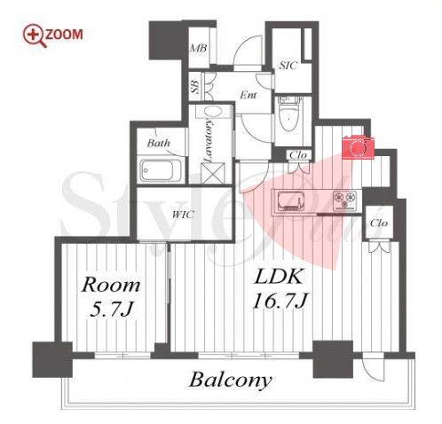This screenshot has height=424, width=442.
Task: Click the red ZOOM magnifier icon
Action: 35,36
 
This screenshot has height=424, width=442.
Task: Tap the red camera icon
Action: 358,147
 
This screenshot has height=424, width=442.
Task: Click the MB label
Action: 198,48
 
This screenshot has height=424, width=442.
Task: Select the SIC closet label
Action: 288,66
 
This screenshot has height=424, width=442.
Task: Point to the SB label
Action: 195,87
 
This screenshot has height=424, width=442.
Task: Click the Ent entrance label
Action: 248,95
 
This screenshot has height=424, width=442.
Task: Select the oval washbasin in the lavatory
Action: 213,112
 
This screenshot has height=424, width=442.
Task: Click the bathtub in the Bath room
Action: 161,170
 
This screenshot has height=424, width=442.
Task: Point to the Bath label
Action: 159,143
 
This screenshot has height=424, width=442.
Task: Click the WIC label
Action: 183,214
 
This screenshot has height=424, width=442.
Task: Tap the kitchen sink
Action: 291,201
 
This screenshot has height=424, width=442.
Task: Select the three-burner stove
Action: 344,199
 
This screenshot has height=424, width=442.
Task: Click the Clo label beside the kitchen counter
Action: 379,223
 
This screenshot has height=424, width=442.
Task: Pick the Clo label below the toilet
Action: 298,155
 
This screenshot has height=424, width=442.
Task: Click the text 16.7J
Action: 280,301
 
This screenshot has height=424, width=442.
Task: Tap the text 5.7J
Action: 111,310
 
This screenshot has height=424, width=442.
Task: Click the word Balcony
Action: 230,380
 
